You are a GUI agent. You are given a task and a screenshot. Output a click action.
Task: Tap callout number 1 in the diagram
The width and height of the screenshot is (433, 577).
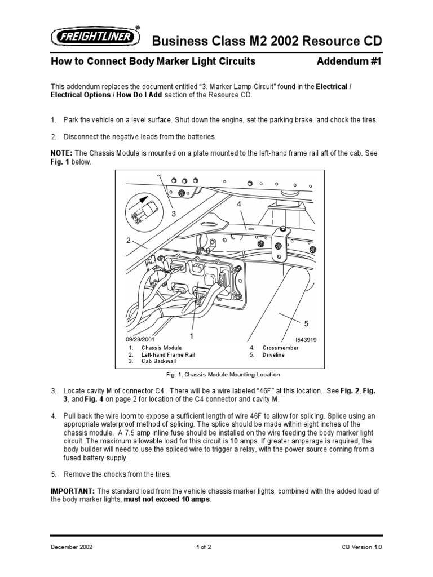coord(192,335)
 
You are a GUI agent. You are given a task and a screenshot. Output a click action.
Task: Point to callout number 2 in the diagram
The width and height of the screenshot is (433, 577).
coord(129,241)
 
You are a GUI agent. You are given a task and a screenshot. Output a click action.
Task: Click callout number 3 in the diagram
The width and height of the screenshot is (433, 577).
coord(174,214)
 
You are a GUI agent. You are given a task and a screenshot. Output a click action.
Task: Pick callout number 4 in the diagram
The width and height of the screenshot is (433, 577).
coord(239,204)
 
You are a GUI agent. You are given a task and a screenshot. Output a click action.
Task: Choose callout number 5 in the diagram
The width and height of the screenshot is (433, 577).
coord(307,323)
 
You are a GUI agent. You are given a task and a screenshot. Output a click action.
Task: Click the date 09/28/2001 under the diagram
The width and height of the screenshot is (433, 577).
coord(139,339)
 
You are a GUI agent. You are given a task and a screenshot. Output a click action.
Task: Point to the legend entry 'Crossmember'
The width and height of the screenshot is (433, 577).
coord(280,348)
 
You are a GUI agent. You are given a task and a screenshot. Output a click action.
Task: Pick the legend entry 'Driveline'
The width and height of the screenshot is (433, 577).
coord(275,354)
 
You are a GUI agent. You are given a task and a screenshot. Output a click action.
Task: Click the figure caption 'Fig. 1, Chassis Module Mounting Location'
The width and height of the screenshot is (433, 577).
coord(216,374)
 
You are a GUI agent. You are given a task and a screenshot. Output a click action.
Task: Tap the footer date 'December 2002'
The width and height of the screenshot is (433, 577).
coord(72,547)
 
